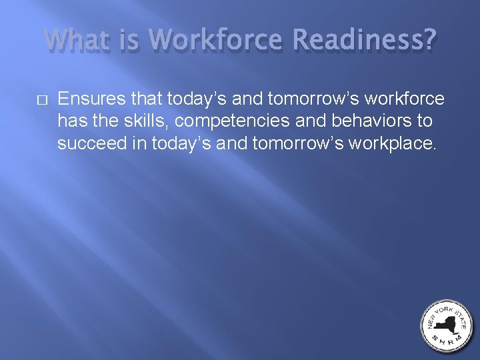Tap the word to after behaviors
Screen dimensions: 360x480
423,121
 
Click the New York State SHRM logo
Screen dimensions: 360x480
446,326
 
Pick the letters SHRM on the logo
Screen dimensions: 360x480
446,343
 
